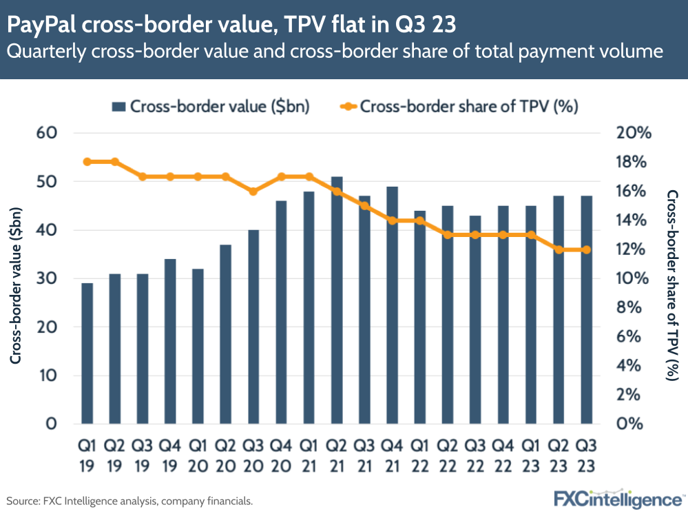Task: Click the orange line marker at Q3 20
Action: pyautogui.click(x=253, y=191)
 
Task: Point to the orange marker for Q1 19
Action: pyautogui.click(x=87, y=162)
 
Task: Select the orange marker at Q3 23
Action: pyautogui.click(x=586, y=249)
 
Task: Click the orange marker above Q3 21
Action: pyautogui.click(x=364, y=205)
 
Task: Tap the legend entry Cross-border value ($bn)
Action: pyautogui.click(x=210, y=106)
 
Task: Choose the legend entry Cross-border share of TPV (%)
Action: pyautogui.click(x=459, y=106)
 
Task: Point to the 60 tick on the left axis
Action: pyautogui.click(x=46, y=133)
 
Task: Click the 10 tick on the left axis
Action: pyautogui.click(x=46, y=375)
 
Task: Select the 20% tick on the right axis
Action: pyautogui.click(x=632, y=133)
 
